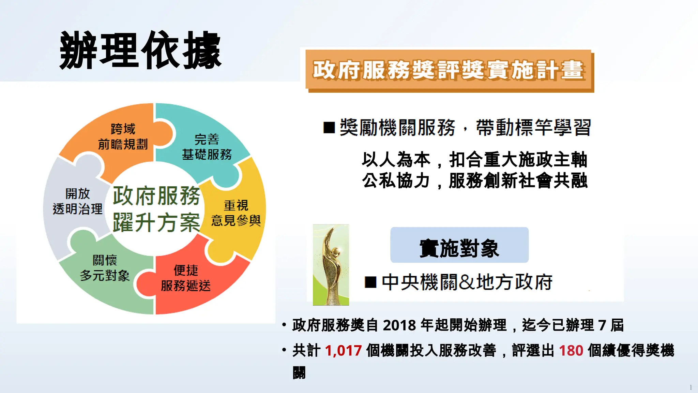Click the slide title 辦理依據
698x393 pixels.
pos(140,50)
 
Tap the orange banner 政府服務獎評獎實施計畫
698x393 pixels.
pos(449,70)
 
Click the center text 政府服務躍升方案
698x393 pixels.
pos(156,209)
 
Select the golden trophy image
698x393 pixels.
pos(331,265)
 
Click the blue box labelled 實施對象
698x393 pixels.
pos(459,245)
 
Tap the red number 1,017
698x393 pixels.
pos(343,351)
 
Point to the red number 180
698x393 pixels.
pos(571,351)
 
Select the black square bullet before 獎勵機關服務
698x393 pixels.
pos(329,128)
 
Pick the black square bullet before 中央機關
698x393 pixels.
pos(370,282)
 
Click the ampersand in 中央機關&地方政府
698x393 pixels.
pos(467,282)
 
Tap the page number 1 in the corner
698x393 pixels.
pos(691,387)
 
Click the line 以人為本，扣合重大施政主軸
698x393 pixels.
pos(474,160)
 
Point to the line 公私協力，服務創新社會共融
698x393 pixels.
pos(474,180)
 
